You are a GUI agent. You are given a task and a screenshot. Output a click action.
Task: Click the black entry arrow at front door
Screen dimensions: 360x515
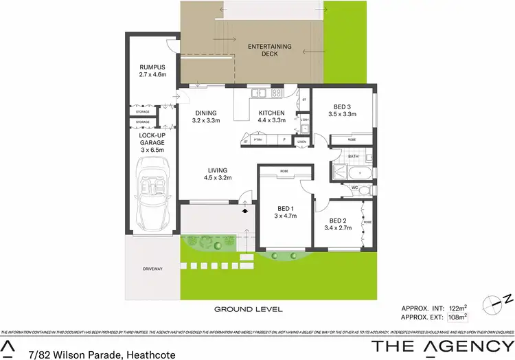tap(245, 212)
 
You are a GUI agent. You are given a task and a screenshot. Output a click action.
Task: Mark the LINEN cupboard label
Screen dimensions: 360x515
tap(302, 142)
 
